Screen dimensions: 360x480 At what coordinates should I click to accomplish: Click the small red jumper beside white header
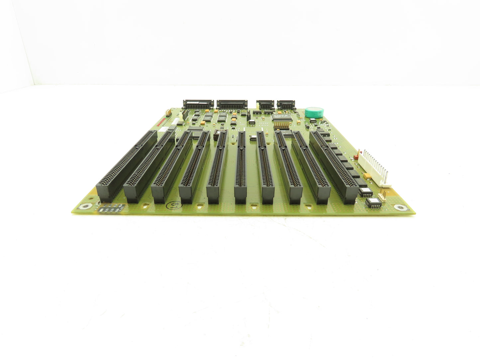pyautogui.click(x=357, y=154)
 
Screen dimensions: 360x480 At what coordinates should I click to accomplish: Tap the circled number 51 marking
pyautogui.click(x=170, y=205)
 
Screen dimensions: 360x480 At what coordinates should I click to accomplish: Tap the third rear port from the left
pyautogui.click(x=265, y=104)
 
